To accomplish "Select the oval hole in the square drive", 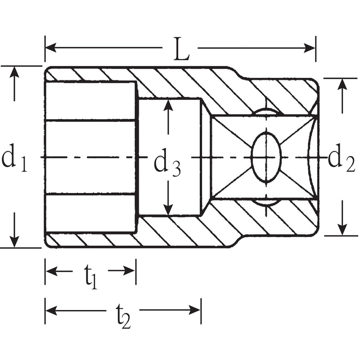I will (x=266, y=157).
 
